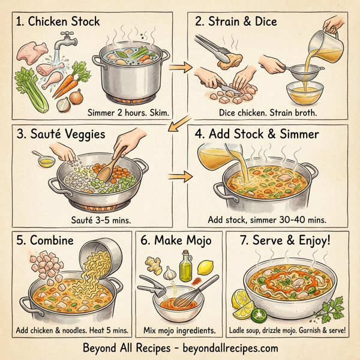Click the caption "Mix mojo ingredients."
click(x=179, y=330)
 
